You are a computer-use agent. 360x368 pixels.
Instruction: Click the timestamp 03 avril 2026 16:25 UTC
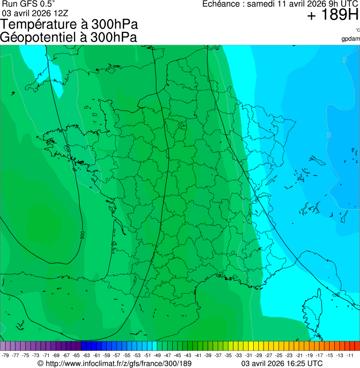point(281,363)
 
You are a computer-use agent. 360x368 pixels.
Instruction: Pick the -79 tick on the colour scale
point(6,355)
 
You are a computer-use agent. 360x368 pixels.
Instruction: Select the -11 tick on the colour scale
point(350,355)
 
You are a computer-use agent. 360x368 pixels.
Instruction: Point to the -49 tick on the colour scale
point(158,355)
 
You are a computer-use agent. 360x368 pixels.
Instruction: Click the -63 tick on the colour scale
point(87,355)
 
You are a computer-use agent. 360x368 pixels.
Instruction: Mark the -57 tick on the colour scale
point(117,355)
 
